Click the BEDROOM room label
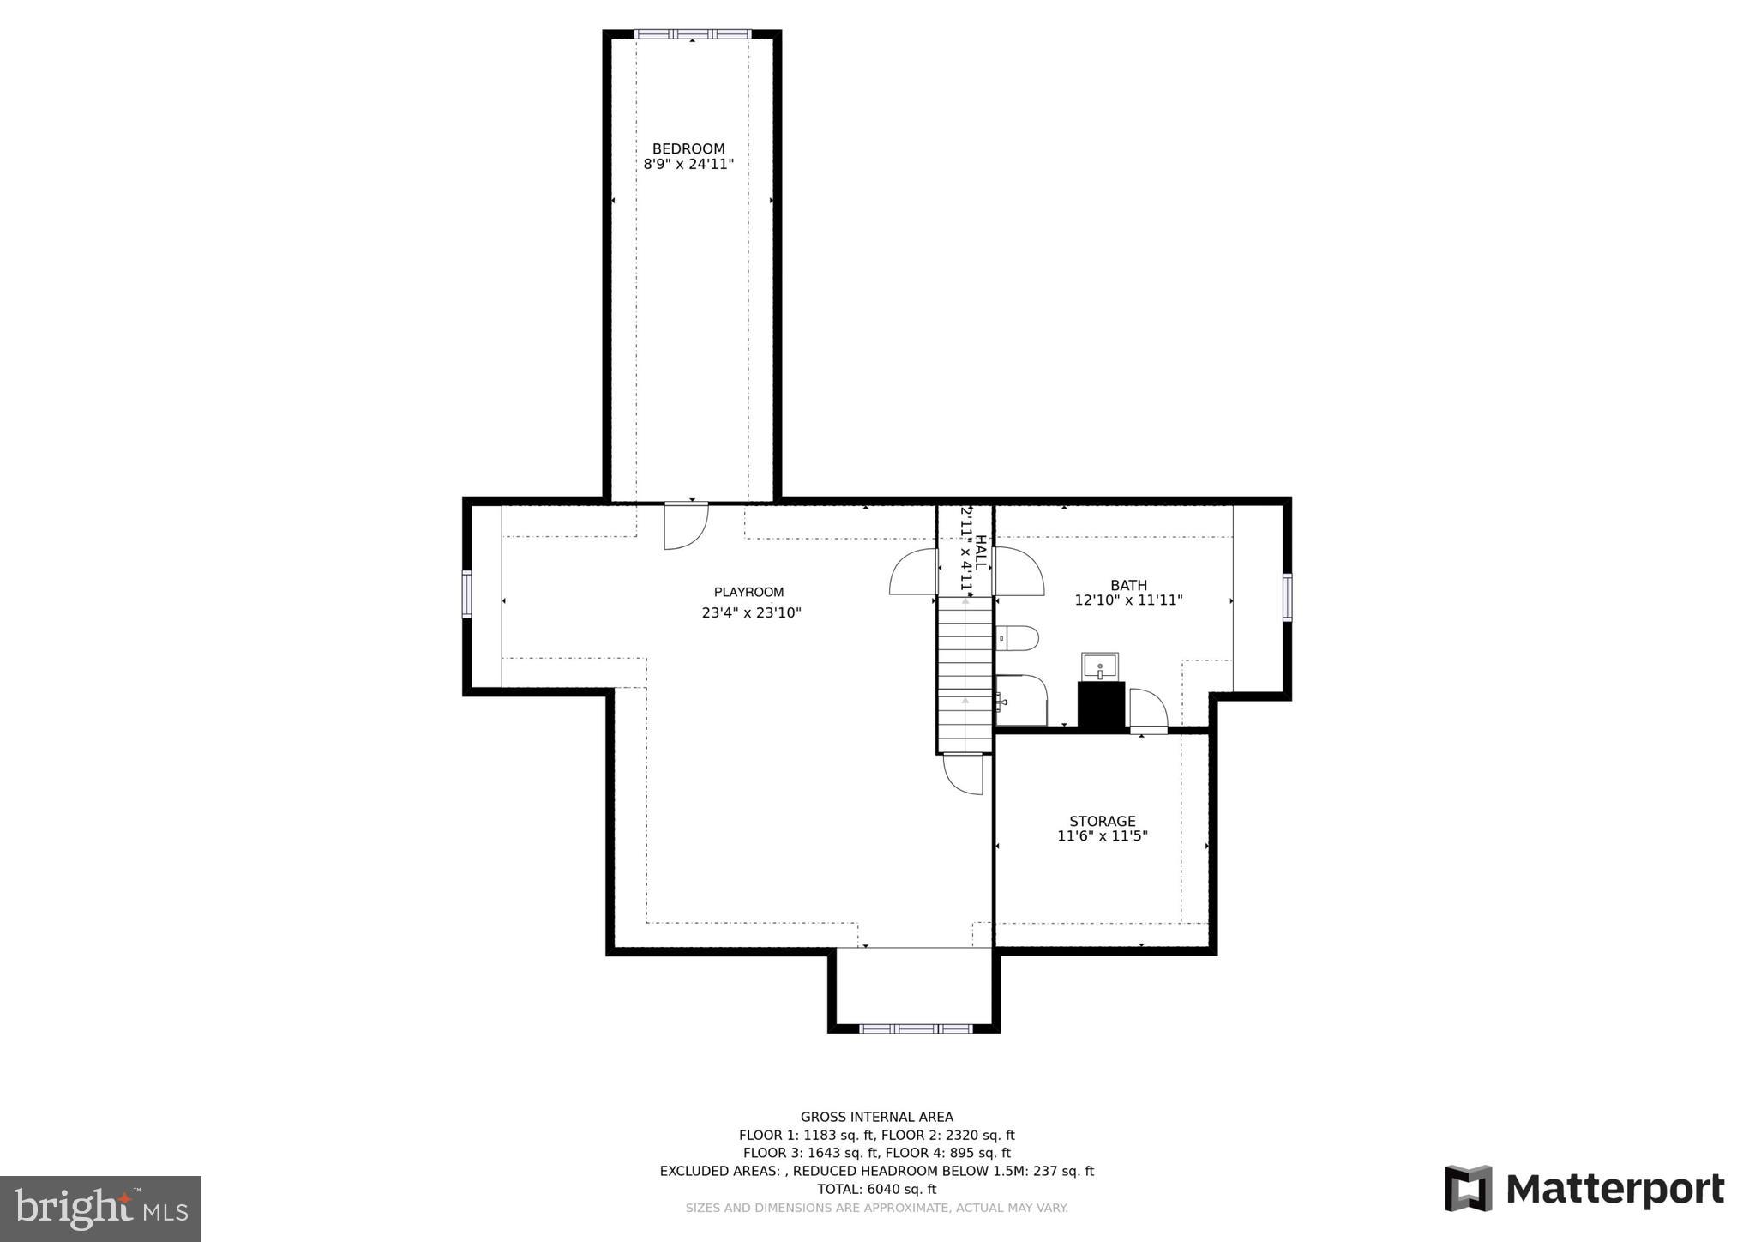[x=688, y=148]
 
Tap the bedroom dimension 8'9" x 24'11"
[x=688, y=164]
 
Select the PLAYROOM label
[x=748, y=592]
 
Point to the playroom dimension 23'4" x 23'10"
[x=751, y=612]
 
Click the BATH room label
[x=1128, y=585]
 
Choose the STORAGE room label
[x=1102, y=821]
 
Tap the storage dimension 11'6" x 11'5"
[x=1102, y=835]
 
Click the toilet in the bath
[x=1018, y=638]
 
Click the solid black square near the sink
[x=1101, y=706]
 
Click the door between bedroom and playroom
[x=686, y=525]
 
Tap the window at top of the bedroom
[x=692, y=34]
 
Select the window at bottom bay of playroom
[x=915, y=1028]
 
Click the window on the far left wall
[x=466, y=594]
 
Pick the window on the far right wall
[x=1287, y=597]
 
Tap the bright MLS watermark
[x=100, y=1209]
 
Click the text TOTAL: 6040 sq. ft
[x=876, y=1189]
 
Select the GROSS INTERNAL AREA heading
[x=876, y=1117]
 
